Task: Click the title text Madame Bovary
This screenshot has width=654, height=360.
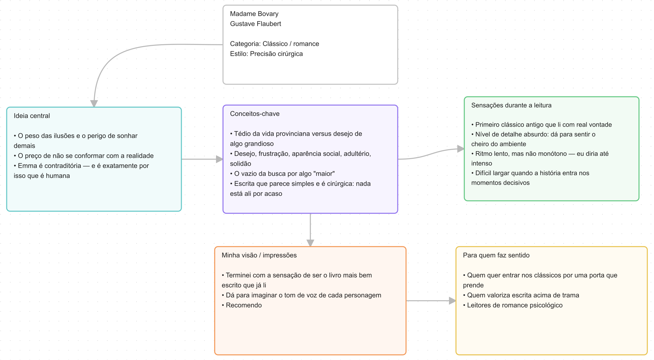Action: (254, 14)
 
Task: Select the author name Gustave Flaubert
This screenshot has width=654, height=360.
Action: (255, 24)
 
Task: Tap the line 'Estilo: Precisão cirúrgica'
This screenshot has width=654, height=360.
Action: (266, 54)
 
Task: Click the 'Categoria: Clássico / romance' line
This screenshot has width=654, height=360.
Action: (275, 44)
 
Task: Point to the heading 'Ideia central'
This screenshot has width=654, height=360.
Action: (32, 116)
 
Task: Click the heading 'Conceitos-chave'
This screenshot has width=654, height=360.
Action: (255, 114)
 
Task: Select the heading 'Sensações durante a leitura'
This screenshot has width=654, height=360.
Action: (511, 105)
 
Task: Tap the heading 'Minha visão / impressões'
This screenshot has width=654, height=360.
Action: (259, 255)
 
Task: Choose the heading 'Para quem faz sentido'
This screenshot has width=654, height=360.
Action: (496, 255)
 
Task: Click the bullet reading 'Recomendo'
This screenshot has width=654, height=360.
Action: (242, 305)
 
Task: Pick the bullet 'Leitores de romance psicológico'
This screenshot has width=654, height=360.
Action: (513, 305)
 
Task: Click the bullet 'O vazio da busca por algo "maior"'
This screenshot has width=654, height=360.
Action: (282, 174)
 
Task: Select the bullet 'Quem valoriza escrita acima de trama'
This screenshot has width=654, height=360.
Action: (521, 295)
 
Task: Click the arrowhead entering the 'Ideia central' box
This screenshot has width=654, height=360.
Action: (94, 104)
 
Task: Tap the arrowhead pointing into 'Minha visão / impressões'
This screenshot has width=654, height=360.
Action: (310, 243)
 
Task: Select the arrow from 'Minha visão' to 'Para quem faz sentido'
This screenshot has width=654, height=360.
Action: (431, 301)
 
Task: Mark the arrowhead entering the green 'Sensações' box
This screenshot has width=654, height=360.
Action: (461, 149)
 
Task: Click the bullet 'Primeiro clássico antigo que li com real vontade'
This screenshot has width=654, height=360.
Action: (541, 124)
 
